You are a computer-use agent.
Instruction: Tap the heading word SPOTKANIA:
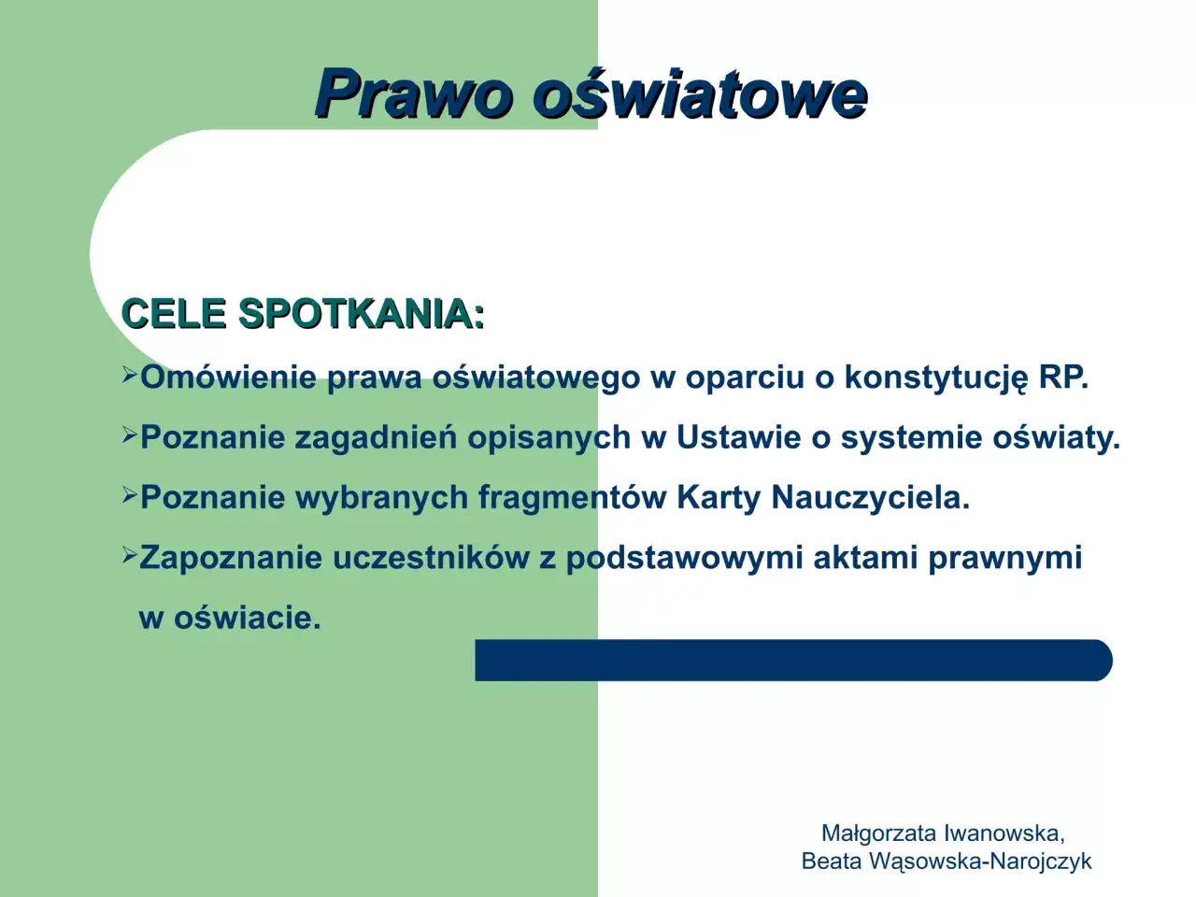362,314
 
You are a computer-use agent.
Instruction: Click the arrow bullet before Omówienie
130,376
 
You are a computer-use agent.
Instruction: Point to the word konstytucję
935,377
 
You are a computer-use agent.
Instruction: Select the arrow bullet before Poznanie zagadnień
130,435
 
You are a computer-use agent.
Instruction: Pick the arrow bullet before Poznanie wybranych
130,495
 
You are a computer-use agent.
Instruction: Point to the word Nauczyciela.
870,497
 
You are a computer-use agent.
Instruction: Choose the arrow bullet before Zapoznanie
130,556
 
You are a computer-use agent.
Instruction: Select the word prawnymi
1004,558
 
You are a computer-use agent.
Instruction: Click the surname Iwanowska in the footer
1004,833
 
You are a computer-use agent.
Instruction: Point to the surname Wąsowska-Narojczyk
980,861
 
